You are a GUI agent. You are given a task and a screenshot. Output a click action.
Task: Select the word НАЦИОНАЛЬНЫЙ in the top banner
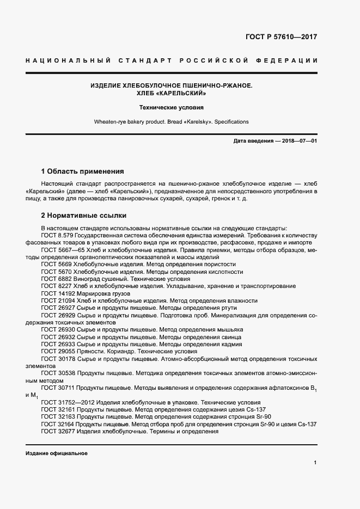69,60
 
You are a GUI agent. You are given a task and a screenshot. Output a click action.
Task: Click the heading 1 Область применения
82,170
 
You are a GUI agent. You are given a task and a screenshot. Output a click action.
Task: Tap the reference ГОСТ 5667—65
60,249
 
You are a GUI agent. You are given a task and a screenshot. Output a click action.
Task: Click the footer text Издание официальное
56,453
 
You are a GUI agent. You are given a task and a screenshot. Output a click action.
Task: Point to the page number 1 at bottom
315,462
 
